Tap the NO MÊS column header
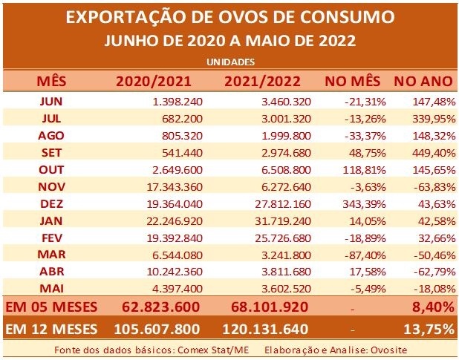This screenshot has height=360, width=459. coord(351,79)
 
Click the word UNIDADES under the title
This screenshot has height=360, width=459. coord(230,62)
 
